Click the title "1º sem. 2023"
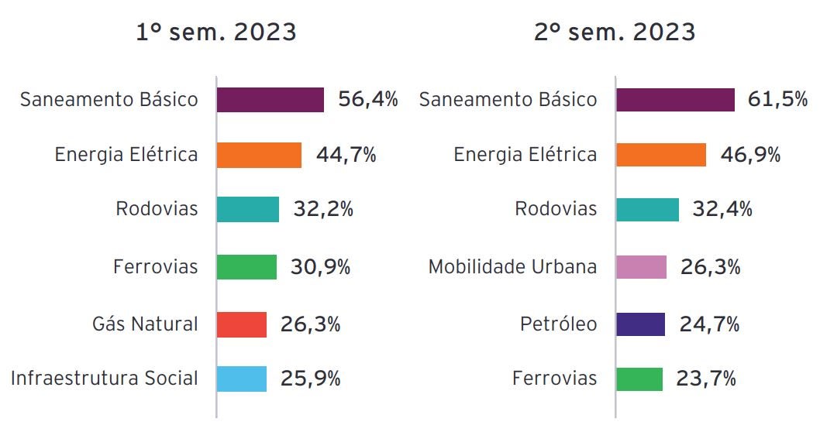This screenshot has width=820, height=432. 216,33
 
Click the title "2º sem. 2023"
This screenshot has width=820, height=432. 615,33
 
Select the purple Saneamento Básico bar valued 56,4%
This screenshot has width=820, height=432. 270,100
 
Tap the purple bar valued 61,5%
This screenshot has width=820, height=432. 675,100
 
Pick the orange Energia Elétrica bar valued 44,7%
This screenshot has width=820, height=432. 259,155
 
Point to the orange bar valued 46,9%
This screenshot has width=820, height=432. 661,155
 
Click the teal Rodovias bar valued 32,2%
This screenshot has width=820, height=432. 247,209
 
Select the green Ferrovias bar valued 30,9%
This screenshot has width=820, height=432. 246,267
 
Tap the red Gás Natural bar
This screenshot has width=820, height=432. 242,324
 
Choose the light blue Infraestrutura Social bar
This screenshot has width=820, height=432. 242,379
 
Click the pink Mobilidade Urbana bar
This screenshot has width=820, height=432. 641,267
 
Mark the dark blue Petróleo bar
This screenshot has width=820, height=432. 640,324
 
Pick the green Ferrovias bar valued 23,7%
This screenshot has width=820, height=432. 639,379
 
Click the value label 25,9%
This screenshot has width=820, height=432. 310,379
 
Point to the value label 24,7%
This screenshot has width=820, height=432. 709,324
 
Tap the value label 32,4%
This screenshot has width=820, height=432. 722,209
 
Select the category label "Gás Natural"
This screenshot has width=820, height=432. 145,324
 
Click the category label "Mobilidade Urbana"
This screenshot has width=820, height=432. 512,267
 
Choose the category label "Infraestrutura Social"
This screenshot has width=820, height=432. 105,379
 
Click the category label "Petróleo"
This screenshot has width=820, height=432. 558,324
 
